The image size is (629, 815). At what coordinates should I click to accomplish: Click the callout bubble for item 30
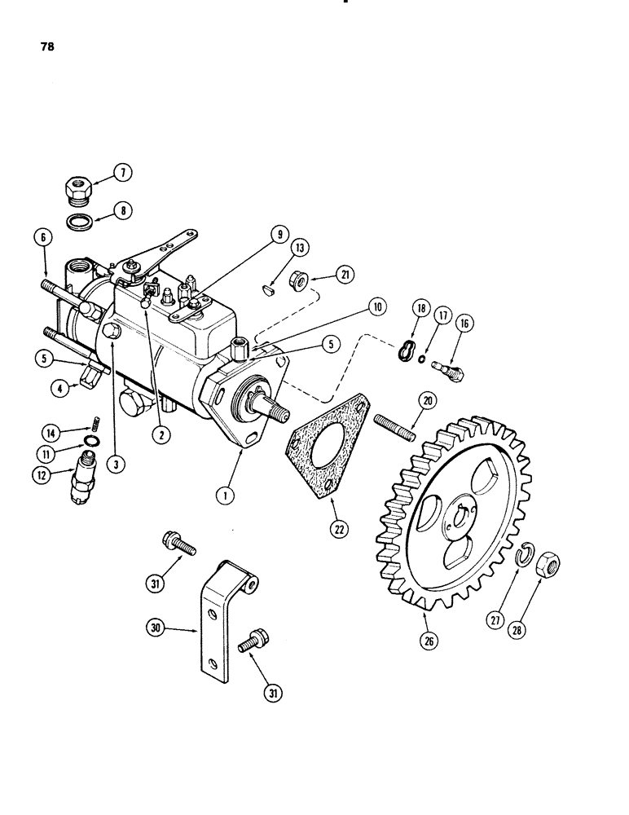156,628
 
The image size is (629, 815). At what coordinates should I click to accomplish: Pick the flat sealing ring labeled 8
79,222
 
